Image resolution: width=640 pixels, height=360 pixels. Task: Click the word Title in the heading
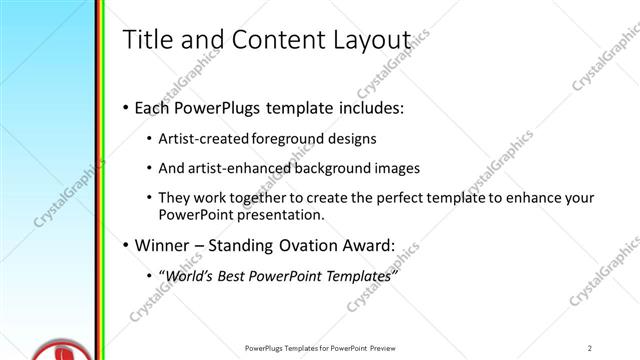[x=146, y=39]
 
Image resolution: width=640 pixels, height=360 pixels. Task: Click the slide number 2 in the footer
[x=590, y=348]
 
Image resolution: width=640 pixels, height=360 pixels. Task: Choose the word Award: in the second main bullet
[x=367, y=245]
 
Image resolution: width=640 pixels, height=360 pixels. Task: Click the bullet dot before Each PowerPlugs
[x=124, y=107]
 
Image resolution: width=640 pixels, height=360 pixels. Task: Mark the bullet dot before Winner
[x=124, y=245]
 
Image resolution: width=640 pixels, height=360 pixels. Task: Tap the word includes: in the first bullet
[x=368, y=107]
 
